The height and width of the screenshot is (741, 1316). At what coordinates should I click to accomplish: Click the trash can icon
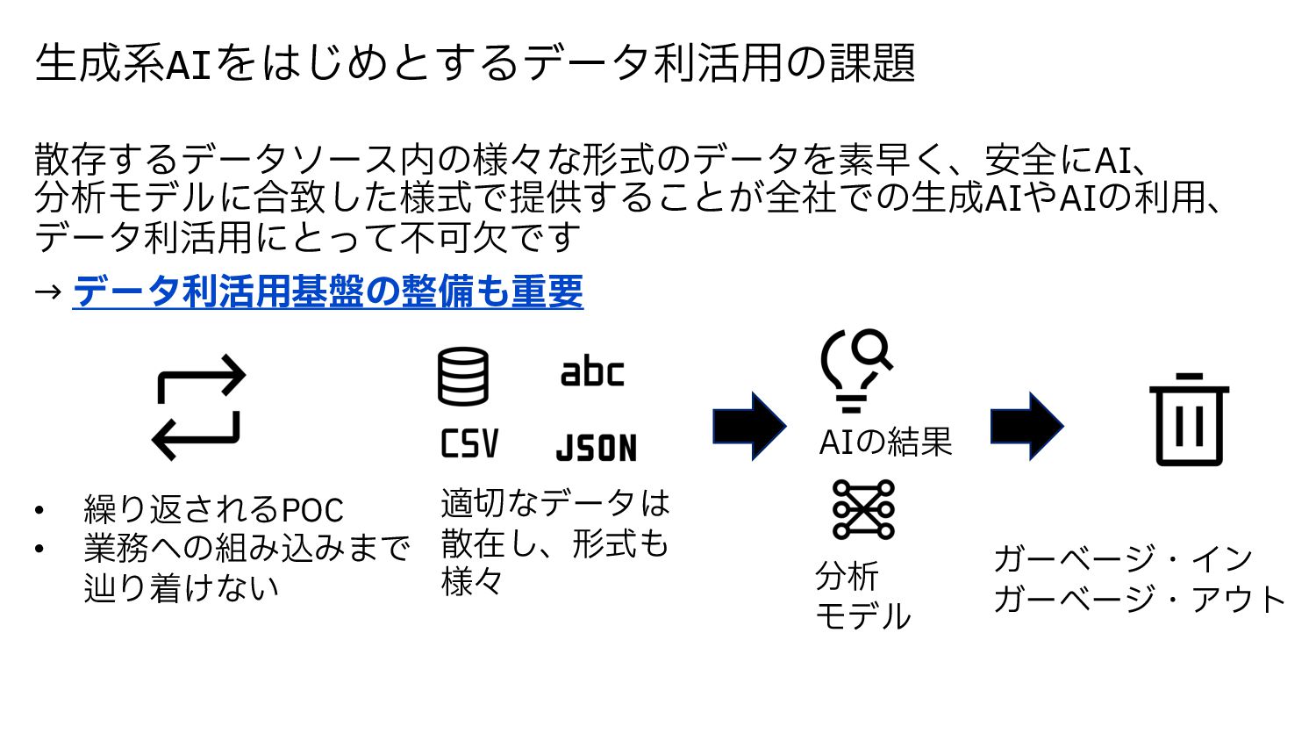point(1189,420)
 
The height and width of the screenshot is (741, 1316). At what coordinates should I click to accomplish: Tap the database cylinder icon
point(462,377)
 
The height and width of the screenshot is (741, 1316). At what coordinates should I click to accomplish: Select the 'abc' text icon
point(592,372)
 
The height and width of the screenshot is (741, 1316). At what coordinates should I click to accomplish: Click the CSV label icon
point(469,444)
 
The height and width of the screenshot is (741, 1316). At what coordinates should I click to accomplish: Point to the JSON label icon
point(597,448)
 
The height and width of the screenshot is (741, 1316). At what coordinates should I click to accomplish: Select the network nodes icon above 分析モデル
point(863,509)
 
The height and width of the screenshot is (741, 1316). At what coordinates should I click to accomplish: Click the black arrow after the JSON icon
point(749,427)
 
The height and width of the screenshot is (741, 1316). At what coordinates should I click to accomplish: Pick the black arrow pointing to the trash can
point(1026,427)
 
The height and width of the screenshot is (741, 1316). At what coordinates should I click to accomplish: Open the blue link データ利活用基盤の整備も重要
point(327,291)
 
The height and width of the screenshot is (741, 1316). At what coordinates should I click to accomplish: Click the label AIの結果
point(884,442)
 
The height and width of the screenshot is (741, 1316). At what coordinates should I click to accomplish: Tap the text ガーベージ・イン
point(1123,558)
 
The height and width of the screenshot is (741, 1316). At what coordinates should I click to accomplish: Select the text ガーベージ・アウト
point(1139,600)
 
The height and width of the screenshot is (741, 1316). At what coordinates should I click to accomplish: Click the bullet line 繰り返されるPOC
point(213,509)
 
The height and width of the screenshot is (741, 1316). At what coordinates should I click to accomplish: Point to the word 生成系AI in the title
point(124,63)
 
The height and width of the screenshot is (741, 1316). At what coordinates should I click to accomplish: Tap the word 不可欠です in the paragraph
point(491,238)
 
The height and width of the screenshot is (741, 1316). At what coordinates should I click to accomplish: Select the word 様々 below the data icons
point(472,582)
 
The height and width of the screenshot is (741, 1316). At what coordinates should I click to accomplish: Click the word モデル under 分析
point(863,616)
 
